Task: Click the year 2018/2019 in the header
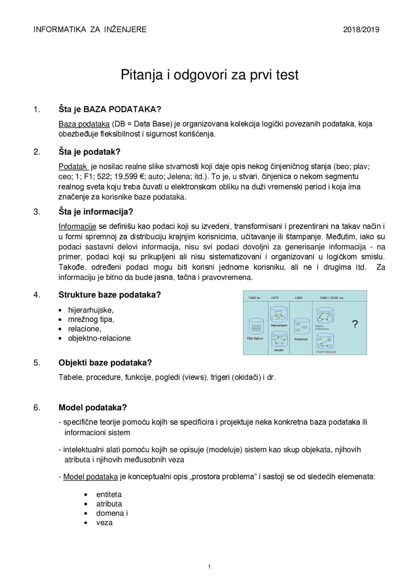[361, 30]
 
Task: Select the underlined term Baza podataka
[84, 124]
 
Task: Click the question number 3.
[37, 212]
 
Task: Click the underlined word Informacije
[77, 227]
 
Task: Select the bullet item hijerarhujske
[91, 310]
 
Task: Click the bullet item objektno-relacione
[99, 338]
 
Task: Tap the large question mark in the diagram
[355, 324]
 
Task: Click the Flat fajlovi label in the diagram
[255, 338]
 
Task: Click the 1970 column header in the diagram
[275, 298]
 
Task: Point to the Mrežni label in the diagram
[279, 350]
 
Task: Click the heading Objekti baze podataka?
[105, 363]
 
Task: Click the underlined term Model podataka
[90, 477]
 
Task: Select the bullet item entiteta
[109, 495]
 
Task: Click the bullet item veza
[104, 523]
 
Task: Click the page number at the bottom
[209, 567]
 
